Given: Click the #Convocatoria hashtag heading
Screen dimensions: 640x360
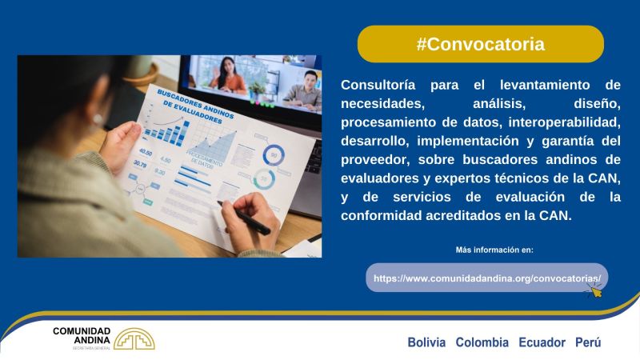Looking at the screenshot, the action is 481,44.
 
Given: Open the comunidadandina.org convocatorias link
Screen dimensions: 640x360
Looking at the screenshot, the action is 487,278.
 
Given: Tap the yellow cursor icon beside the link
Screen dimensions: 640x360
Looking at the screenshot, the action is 595,290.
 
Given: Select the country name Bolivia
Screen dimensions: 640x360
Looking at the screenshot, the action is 426,342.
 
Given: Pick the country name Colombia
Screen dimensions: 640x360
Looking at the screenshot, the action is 482,342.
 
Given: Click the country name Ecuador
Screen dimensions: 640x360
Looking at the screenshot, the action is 542,342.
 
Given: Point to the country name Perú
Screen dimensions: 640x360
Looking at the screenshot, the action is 588,342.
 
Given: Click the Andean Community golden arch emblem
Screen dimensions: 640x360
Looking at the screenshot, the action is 134,339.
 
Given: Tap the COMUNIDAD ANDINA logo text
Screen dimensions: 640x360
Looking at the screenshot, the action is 82,335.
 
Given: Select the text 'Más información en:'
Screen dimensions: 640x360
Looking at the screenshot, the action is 494,250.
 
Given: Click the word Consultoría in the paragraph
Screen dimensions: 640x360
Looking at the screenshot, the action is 378,85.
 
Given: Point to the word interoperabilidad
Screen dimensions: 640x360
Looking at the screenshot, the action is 565,122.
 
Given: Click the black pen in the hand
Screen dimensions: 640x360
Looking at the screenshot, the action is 244,218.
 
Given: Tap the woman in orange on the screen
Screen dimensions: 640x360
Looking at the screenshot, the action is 228,74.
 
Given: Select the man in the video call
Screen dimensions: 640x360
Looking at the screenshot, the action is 304,91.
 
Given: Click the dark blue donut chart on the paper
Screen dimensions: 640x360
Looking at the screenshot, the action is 274,155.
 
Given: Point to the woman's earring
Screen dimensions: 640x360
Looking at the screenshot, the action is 98,118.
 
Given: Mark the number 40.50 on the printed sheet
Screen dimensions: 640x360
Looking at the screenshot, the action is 146,152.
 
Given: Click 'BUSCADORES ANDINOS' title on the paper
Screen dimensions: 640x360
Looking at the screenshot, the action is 195,104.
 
